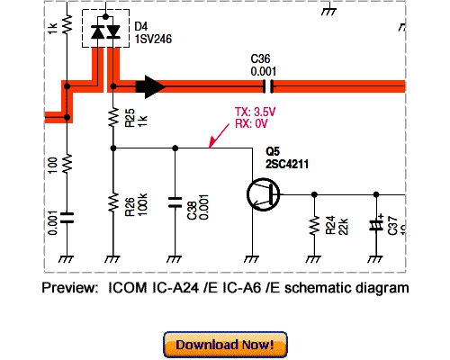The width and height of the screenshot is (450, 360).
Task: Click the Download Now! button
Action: (225, 345)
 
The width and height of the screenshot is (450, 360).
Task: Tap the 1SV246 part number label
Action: (155, 40)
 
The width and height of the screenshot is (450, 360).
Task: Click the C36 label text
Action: (262, 59)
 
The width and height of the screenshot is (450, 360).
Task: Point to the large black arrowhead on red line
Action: (150, 87)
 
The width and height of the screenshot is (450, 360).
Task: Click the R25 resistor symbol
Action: (112, 118)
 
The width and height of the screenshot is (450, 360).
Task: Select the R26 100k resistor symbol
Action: (112, 202)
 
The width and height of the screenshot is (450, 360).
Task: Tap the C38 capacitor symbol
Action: (175, 203)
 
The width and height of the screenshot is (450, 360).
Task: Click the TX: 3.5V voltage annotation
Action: (254, 112)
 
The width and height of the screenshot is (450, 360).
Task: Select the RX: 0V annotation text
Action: (252, 124)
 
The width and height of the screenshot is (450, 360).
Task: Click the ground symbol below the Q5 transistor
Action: (254, 257)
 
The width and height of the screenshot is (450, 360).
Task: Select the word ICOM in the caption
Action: (129, 288)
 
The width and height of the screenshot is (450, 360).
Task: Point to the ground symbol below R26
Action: (112, 257)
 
